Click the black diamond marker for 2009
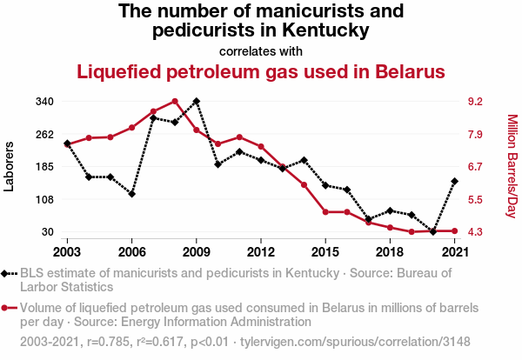click(197, 101)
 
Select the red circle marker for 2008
click(175, 101)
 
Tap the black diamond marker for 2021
click(455, 181)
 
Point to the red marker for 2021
click(455, 230)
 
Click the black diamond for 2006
click(131, 194)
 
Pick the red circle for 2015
click(325, 212)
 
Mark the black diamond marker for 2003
click(67, 143)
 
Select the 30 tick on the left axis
click(49, 232)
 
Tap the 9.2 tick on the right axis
click(475, 102)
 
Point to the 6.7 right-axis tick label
click(475, 167)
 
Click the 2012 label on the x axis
click(261, 251)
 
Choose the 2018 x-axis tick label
click(390, 251)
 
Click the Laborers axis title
click(10, 166)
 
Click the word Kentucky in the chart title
click(323, 31)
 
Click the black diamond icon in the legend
click(9, 274)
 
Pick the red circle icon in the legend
click(9, 308)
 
